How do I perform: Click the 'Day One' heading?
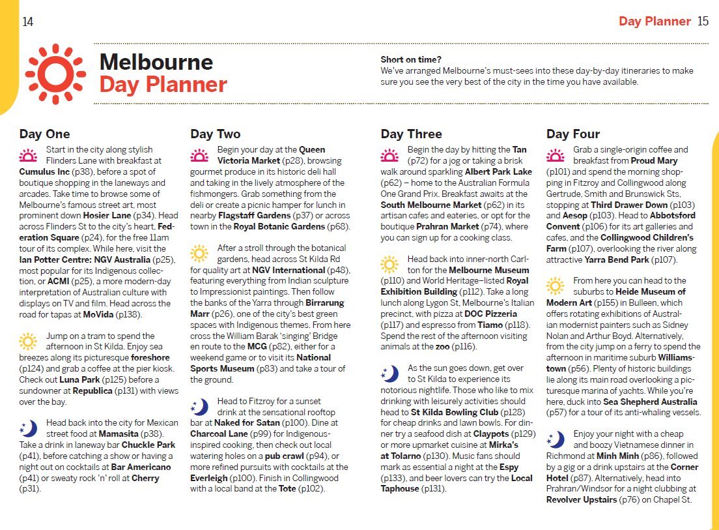coord(44,134)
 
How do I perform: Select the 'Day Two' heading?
coord(215,134)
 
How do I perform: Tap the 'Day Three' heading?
coord(411,134)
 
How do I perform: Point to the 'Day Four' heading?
coord(572,134)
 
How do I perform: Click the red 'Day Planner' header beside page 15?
coord(654,22)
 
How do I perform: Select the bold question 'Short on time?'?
coord(411,59)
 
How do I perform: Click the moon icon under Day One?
coord(29,428)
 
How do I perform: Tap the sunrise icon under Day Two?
coord(199,155)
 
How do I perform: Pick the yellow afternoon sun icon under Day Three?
coord(389,264)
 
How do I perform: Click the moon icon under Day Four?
coord(556,439)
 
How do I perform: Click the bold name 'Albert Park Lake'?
coord(498,171)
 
